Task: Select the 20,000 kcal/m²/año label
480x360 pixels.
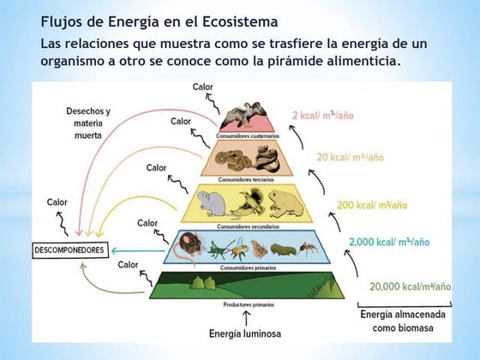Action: tap(410, 286)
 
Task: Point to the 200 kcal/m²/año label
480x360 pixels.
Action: tap(371, 206)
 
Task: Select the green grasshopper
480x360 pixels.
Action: tap(222, 249)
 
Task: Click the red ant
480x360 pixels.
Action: tap(309, 249)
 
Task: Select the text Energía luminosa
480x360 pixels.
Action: tap(246, 333)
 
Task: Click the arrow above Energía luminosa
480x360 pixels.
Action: tap(247, 318)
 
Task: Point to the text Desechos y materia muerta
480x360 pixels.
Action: tap(93, 123)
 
